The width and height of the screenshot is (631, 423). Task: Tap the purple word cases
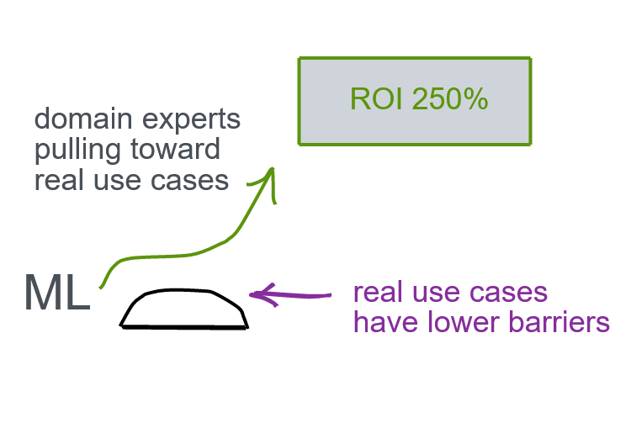coord(507,293)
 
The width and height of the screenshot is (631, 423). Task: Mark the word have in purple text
coord(381,322)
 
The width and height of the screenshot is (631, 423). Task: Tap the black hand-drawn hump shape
coord(184,309)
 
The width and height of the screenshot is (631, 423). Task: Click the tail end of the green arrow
coord(102,287)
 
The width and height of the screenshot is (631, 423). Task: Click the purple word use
coord(435,293)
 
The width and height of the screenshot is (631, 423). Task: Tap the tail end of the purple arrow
coord(330,295)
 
